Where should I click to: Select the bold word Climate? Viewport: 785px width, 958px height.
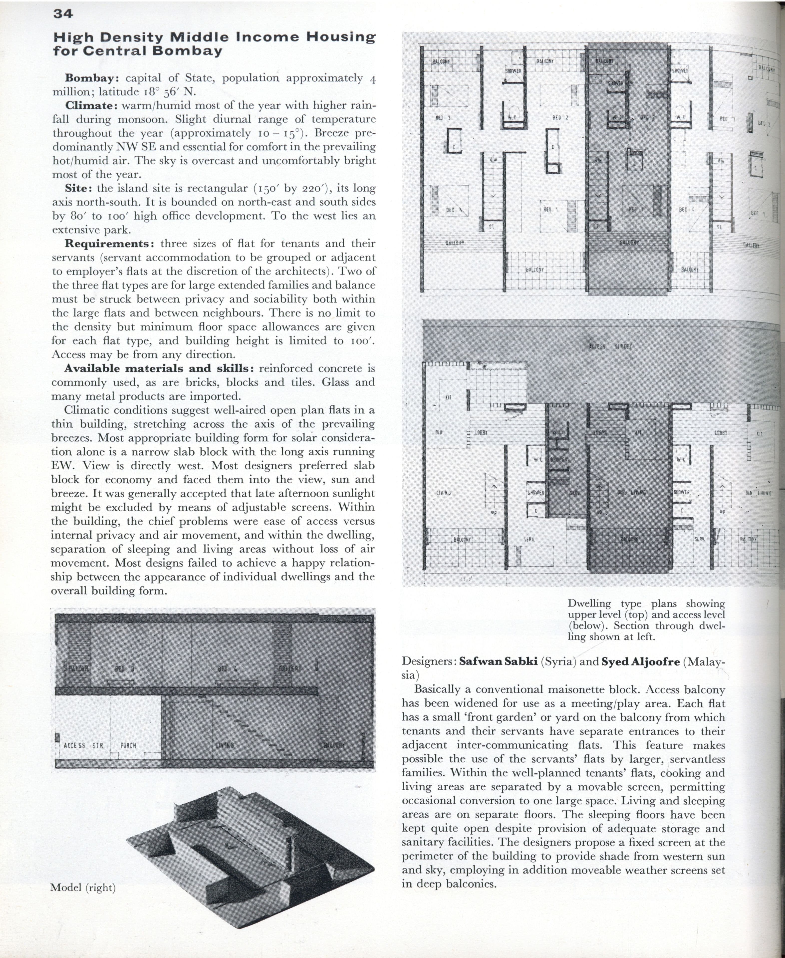click(91, 105)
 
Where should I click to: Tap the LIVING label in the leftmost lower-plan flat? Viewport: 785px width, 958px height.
click(444, 493)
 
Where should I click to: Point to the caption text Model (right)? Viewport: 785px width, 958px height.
click(83, 888)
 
